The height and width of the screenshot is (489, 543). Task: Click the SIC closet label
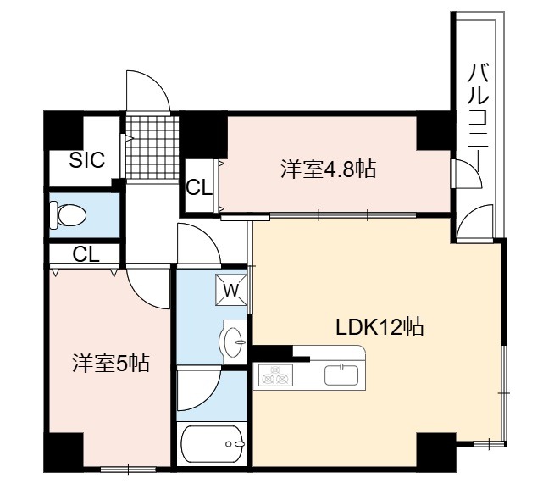[x=86, y=160]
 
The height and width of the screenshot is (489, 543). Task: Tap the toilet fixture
[x=68, y=215]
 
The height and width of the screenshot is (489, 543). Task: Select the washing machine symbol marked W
[x=231, y=290]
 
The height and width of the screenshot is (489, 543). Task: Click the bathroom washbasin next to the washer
[x=233, y=342]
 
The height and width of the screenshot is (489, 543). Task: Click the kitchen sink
[x=341, y=375]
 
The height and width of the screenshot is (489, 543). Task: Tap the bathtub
[x=213, y=444]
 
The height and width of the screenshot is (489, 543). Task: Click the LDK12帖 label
[x=380, y=327]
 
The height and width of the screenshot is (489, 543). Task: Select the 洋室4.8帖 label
[x=328, y=169]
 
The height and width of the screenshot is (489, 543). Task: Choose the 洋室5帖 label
[x=111, y=363]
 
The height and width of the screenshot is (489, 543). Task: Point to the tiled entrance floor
[x=152, y=147]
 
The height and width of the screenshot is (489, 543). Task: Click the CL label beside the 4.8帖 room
[x=199, y=188]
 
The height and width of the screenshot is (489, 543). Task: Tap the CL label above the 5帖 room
[x=86, y=255]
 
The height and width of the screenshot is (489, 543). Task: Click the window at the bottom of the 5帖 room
[x=128, y=470]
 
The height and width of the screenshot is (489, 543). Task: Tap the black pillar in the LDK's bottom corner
[x=436, y=453]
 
